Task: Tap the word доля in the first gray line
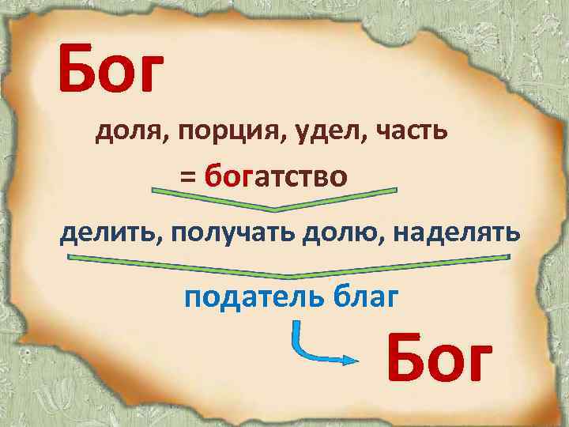tap(124, 132)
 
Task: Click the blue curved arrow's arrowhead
tap(348, 360)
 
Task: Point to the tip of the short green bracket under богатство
tap(274, 210)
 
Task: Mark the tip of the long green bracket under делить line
tap(294, 275)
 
